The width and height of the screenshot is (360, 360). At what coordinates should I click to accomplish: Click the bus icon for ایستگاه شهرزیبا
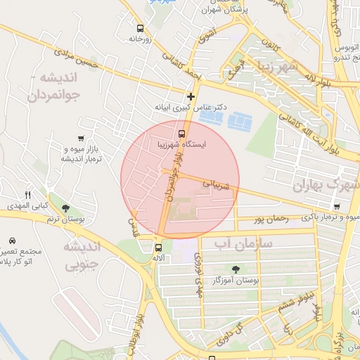click(182, 133)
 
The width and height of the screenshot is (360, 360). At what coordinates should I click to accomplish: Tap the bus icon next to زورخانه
click(140, 29)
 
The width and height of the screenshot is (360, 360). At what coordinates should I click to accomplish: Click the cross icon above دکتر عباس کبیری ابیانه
click(190, 96)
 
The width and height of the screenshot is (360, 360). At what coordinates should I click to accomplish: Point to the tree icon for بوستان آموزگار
click(235, 269)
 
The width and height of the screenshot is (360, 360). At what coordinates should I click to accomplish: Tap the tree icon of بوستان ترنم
click(65, 208)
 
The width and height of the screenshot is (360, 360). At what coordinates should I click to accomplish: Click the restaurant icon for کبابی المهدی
click(28, 195)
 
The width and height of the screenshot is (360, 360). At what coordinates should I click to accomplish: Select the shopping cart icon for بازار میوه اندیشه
click(82, 139)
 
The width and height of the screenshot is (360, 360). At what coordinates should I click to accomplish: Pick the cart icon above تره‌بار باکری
click(337, 207)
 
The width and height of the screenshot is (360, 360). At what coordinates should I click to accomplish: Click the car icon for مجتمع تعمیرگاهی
click(13, 240)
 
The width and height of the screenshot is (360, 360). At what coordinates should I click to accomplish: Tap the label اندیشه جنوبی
click(83, 256)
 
